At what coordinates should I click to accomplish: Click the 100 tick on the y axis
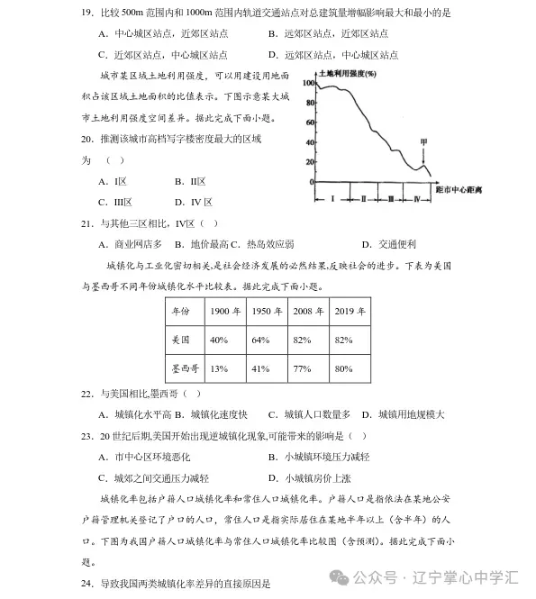(307, 83)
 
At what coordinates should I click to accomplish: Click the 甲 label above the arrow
(422, 142)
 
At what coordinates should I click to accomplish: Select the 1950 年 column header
(267, 311)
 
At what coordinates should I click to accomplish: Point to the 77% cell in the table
(303, 368)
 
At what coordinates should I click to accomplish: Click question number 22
(87, 394)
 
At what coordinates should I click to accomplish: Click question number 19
(87, 13)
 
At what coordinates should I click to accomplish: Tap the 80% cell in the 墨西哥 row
(343, 368)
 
